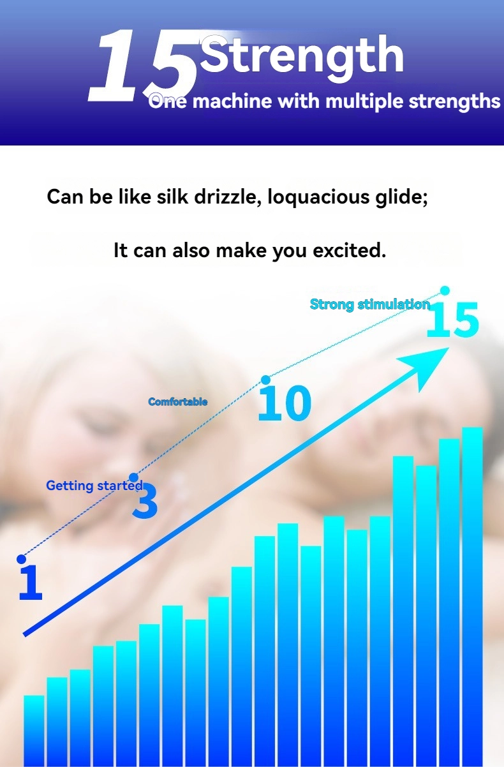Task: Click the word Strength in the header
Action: [302, 57]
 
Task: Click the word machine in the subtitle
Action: [232, 101]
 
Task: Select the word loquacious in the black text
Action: [318, 198]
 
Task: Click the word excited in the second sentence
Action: [349, 250]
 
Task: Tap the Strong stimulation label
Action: [370, 304]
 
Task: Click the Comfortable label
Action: [178, 401]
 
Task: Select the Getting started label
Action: [94, 486]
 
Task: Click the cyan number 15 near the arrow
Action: [452, 320]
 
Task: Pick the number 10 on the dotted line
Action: [285, 403]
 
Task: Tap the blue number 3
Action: [145, 502]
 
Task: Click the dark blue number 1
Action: [31, 582]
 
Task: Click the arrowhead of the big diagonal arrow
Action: [428, 364]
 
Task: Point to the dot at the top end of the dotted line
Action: [445, 290]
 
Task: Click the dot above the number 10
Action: [265, 380]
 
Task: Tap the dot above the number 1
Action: [21, 559]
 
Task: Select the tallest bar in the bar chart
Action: [473, 597]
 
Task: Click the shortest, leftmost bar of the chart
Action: [34, 731]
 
